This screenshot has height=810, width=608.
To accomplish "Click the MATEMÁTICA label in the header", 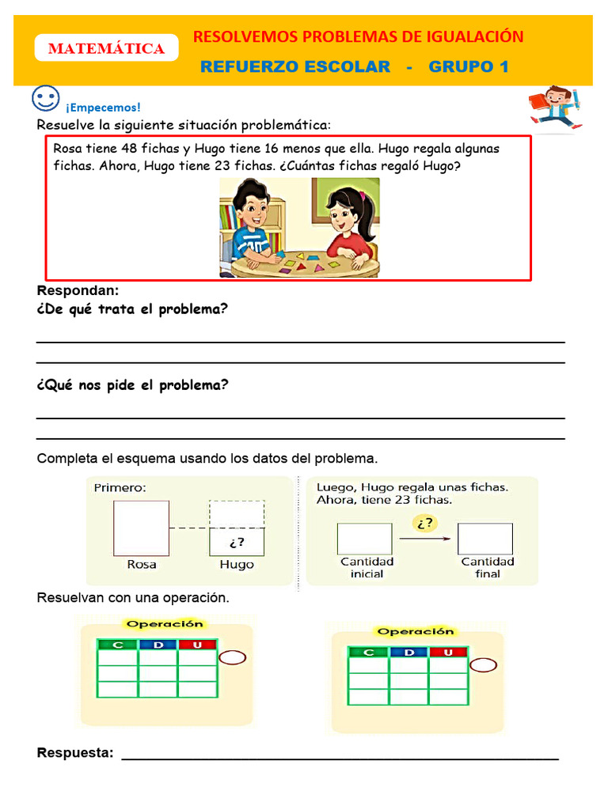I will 106,49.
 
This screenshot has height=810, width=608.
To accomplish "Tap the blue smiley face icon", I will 46,100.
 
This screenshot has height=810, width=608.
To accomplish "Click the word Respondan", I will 78,290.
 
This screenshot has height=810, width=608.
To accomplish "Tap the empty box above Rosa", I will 141,528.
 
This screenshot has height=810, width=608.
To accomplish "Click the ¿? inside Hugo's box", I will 237,543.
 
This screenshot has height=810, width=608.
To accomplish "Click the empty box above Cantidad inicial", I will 364,539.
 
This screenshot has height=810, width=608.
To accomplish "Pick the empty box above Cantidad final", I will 484,539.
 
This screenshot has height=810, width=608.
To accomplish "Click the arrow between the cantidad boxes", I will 425,539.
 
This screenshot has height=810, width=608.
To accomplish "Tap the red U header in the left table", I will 198,645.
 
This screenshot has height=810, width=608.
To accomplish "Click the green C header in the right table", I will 368,652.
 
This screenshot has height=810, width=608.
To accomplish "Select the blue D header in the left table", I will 158,645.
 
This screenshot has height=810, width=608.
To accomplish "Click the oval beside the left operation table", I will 232,657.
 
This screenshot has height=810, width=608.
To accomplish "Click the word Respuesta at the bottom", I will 75,753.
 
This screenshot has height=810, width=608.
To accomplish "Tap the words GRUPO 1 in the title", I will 468,67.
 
